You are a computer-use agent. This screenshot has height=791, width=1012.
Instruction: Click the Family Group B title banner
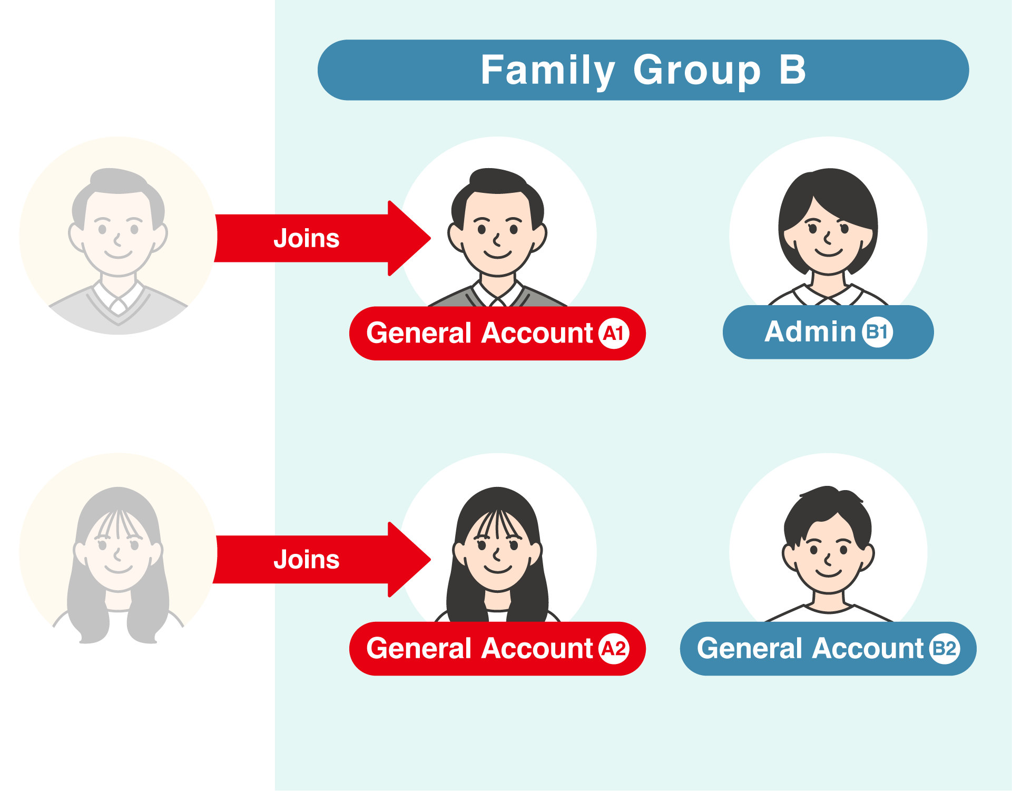click(x=643, y=70)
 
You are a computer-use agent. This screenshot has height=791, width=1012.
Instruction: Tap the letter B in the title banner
click(x=792, y=70)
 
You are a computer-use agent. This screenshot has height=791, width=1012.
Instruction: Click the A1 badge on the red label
click(x=614, y=334)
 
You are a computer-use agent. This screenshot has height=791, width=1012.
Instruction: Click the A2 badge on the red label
click(x=614, y=649)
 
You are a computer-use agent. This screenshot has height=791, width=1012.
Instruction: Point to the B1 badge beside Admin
click(x=877, y=332)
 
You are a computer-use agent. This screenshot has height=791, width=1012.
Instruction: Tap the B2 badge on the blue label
click(x=945, y=649)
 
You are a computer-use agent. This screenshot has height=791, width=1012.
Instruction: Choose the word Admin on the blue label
click(x=810, y=332)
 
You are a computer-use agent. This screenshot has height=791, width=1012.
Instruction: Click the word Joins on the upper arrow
click(x=307, y=238)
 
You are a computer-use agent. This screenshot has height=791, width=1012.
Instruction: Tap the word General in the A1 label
click(x=419, y=334)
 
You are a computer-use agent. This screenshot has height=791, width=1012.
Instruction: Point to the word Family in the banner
click(x=548, y=70)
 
